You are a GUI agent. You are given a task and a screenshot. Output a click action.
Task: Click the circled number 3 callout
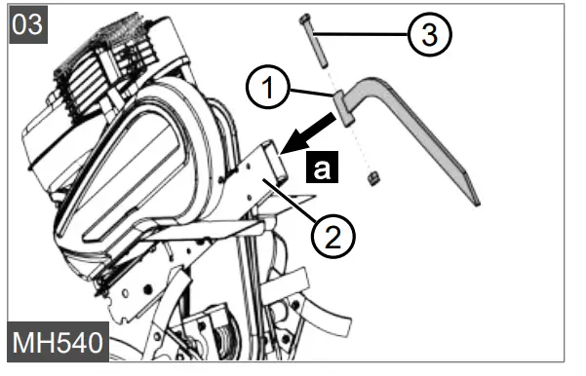coord(431,35)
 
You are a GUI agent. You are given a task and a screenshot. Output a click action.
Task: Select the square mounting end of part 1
coord(346,105)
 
